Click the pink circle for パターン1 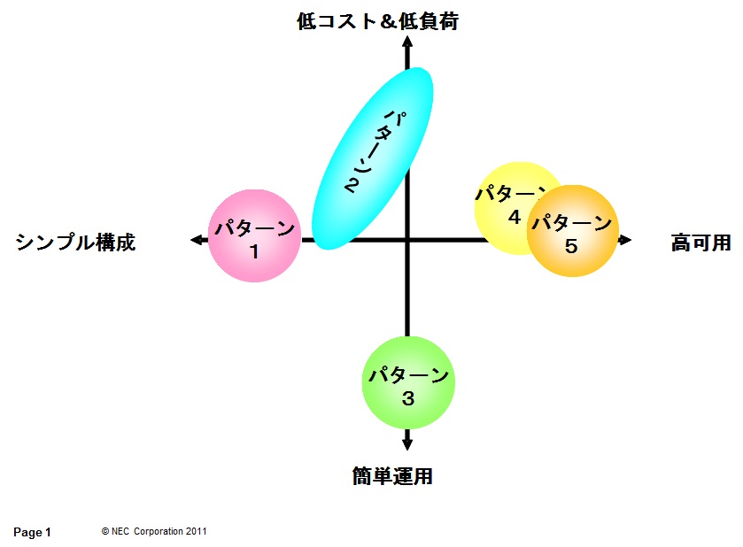(x=253, y=236)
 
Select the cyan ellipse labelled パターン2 (x=373, y=158)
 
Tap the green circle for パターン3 (x=408, y=381)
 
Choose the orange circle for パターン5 (x=571, y=232)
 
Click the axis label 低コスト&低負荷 (x=377, y=22)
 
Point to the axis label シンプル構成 (x=76, y=242)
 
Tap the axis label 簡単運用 (x=391, y=476)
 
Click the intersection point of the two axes (x=407, y=239)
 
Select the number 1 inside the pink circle (x=253, y=251)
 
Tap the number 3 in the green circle (x=408, y=398)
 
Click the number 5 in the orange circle (x=571, y=247)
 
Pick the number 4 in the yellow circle (x=515, y=216)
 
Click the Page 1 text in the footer (x=33, y=532)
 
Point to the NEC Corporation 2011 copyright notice (x=154, y=531)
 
